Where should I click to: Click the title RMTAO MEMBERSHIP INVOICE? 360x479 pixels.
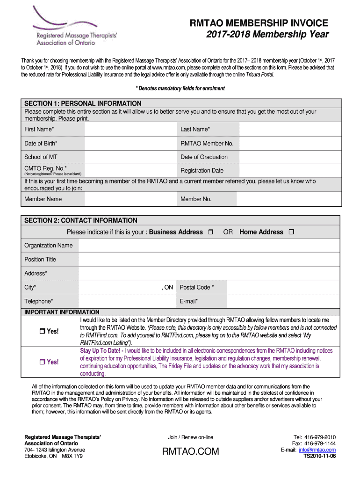259,23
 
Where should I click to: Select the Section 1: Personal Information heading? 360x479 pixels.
83,103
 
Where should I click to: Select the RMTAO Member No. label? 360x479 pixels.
207,144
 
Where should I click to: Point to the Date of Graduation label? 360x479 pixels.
204,157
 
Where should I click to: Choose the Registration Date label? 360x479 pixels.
202,171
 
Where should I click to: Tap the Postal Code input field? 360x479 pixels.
283,287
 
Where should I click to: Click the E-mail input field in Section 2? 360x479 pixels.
283,301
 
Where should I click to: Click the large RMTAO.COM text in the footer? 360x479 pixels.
190,451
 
